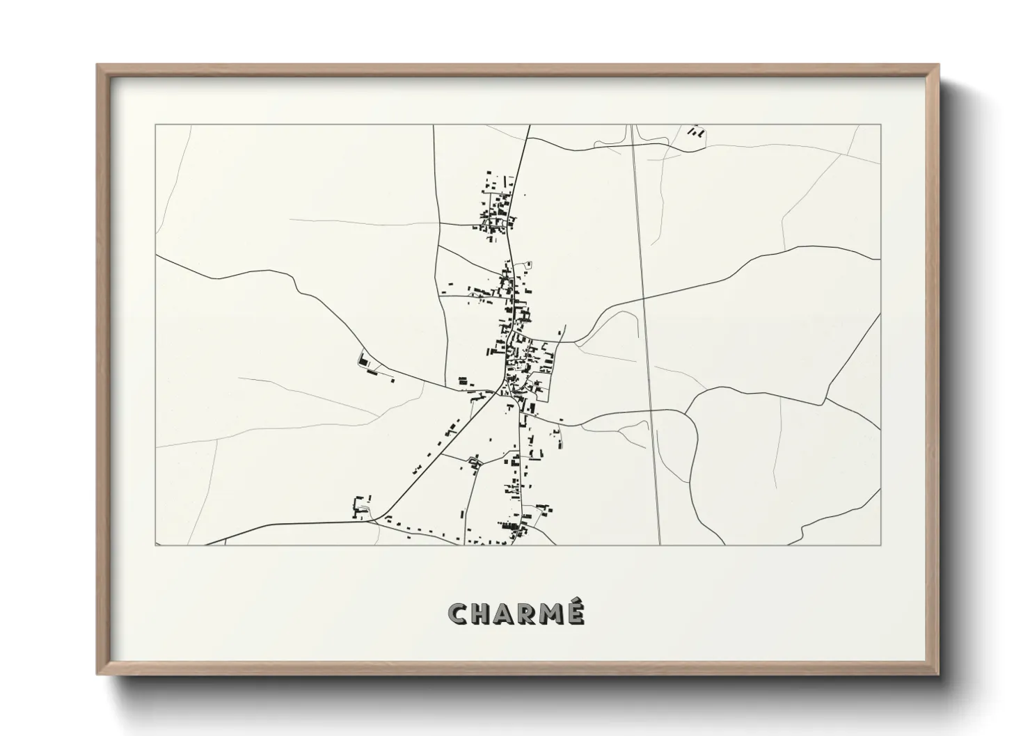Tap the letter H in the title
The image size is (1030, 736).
[x=484, y=614]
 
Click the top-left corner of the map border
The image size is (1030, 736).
[x=156, y=125]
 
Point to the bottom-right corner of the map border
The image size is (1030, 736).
[x=880, y=545]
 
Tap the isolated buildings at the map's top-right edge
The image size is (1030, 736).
[x=695, y=130]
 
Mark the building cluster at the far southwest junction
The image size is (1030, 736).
[x=361, y=508]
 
